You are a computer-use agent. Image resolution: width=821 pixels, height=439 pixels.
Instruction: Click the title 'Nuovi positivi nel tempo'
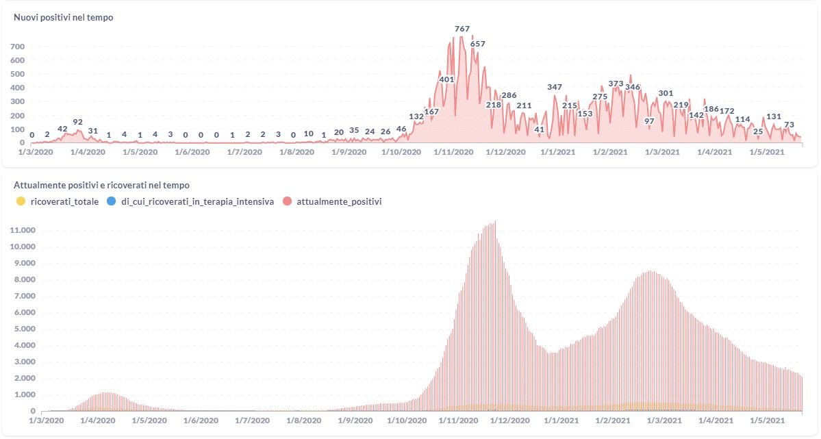point(64,18)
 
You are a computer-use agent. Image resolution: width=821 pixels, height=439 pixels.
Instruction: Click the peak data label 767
point(462,29)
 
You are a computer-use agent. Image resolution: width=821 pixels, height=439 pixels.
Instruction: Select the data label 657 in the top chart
point(477,44)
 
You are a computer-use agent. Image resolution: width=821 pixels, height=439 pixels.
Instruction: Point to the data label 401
point(446,79)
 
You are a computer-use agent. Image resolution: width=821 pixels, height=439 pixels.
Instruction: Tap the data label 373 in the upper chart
point(616,84)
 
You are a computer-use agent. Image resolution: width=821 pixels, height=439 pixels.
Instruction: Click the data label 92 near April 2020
point(77,122)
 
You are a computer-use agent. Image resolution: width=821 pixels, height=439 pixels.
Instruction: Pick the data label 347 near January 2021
point(555,87)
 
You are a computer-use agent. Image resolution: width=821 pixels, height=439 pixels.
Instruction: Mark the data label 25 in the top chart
point(758,131)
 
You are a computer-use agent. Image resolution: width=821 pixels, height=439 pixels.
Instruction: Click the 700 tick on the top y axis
point(17,47)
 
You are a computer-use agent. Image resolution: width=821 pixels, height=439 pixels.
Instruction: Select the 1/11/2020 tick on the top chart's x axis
point(454,152)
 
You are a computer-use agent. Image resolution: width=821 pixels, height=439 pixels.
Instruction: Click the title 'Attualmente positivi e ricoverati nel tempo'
point(102,185)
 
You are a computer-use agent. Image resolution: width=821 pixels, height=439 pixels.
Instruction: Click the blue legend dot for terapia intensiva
point(112,201)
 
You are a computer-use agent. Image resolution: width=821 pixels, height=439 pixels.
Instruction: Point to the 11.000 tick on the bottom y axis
point(21,230)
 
